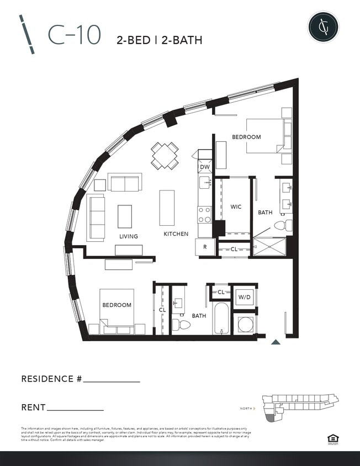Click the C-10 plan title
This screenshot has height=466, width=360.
pos(75,35)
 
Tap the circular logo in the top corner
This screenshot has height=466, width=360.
pos(323,26)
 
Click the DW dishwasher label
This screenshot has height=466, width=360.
pos(205,167)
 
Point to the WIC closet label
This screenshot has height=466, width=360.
pos(236,206)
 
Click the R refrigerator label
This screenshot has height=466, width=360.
pos(205,247)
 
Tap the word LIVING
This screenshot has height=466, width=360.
pos(129,236)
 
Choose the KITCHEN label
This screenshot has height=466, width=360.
pos(176,234)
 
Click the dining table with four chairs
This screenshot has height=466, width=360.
pos(165,156)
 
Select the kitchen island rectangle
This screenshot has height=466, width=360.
pos(167,208)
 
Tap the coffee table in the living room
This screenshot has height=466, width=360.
pos(125,216)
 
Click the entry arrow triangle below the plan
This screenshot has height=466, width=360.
pos(276,342)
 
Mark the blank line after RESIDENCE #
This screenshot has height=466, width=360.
pos(111,381)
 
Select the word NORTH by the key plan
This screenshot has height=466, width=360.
pos(246,409)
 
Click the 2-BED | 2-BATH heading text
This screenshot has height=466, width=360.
pos(159,40)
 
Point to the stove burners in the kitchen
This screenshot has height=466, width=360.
pos(205,214)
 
